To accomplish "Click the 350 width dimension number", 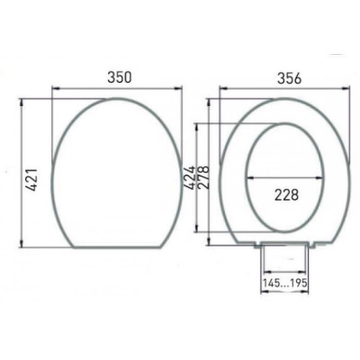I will click(115, 77).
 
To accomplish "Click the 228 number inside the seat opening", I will click(284, 193).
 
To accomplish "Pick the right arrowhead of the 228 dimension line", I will click(321, 177).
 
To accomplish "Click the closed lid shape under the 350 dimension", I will click(115, 171).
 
